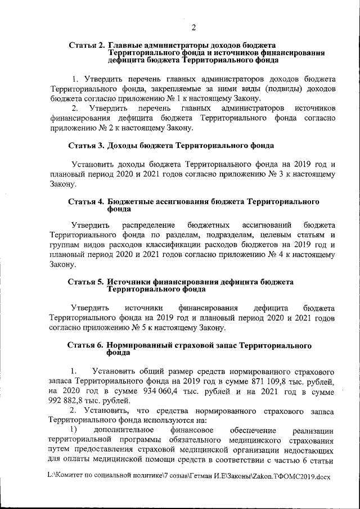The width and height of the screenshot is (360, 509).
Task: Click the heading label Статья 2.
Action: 86,44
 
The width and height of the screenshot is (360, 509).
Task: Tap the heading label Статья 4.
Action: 85,201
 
